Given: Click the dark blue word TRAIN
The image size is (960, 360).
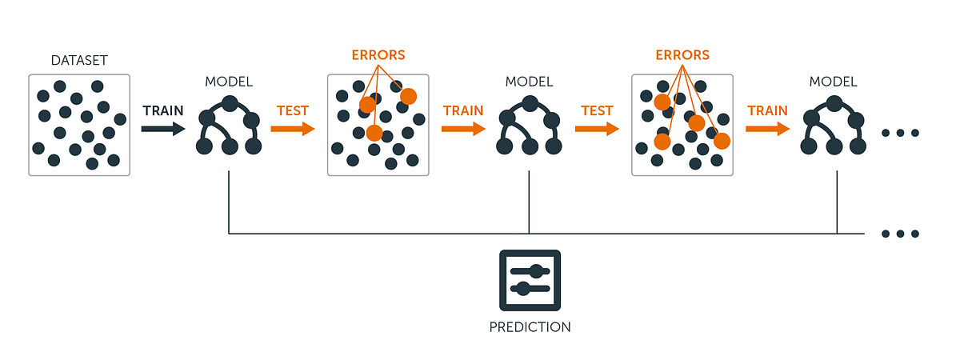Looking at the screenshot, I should click(x=162, y=110).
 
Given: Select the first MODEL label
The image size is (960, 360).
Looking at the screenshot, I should click(x=229, y=82).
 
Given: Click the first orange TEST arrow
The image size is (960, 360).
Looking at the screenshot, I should click(x=292, y=129).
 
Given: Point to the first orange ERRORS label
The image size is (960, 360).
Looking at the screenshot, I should click(x=378, y=56).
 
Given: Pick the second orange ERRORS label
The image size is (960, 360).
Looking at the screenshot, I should click(x=682, y=56).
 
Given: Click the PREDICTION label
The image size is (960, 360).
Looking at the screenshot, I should click(x=530, y=326).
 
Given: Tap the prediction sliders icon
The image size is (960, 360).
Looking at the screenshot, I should click(x=530, y=280).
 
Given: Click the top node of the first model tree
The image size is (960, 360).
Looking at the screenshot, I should click(x=230, y=103).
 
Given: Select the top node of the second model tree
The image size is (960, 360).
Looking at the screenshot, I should click(x=530, y=103).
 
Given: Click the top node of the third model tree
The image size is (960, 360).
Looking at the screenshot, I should click(x=833, y=103).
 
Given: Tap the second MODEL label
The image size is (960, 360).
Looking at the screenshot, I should click(x=530, y=82).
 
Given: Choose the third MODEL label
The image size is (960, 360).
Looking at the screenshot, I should click(x=833, y=82).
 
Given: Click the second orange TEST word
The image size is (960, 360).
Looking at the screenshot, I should click(x=597, y=111).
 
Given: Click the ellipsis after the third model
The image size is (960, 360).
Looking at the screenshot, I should click(x=901, y=134).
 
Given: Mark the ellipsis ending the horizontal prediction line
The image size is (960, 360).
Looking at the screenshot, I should click(x=901, y=234).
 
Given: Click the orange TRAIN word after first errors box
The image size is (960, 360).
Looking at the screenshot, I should click(x=463, y=111).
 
